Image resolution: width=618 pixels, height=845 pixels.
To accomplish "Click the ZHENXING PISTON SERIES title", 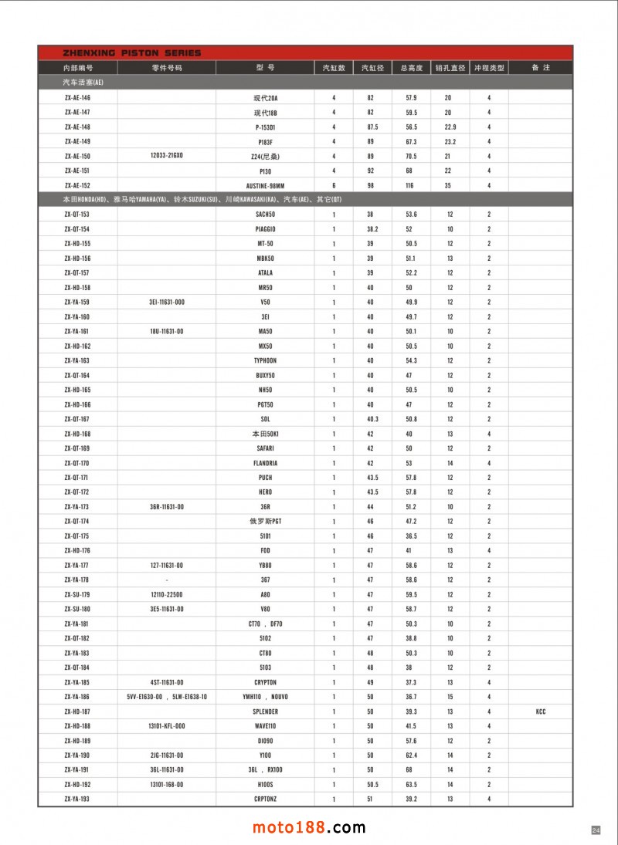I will click(131, 53).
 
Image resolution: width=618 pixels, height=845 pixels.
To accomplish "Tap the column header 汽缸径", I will click(372, 68).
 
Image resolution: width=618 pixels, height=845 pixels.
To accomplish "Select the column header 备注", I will click(540, 68).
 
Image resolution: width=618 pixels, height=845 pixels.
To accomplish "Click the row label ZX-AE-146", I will click(77, 98).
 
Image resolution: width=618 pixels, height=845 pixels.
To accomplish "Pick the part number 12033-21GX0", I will click(166, 156).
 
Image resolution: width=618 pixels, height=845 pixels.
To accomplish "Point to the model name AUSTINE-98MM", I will click(265, 185).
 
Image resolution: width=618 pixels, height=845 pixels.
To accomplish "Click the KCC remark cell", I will click(540, 711).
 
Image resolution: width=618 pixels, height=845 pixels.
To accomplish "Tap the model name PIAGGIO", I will click(265, 229).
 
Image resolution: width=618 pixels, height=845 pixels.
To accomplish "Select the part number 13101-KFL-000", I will click(166, 726).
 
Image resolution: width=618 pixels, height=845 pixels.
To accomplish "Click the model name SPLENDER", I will click(265, 711).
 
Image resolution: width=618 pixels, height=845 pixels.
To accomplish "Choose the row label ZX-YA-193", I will click(77, 799).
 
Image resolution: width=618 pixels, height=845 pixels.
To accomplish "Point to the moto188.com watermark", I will click(309, 827).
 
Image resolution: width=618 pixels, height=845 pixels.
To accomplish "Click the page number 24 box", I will click(596, 830).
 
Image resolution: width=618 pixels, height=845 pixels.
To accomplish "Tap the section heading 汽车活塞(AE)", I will click(83, 82).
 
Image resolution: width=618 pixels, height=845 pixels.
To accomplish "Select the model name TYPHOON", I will click(265, 360).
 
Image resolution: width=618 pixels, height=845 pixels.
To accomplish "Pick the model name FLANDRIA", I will click(265, 463).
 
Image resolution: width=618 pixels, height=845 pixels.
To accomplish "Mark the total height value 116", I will click(410, 185).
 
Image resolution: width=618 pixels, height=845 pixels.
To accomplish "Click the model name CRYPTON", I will click(265, 682).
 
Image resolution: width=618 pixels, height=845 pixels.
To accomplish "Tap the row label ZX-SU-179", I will click(77, 594).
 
